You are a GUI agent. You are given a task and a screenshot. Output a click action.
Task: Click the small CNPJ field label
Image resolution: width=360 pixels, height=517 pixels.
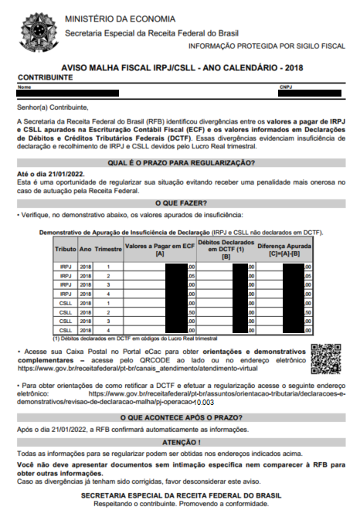tap(285, 87)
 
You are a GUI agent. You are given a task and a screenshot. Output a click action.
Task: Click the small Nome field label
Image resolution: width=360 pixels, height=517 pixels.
tap(23, 87)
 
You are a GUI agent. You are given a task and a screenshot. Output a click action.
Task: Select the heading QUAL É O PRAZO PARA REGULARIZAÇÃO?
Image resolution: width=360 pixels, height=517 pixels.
tap(179, 162)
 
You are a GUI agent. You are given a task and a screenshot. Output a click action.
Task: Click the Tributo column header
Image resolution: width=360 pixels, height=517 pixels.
tap(65, 250)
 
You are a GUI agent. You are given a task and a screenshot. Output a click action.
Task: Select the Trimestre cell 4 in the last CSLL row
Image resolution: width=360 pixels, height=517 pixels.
tap(108, 330)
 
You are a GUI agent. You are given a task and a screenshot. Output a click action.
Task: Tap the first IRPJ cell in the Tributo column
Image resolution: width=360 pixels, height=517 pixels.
tap(65, 267)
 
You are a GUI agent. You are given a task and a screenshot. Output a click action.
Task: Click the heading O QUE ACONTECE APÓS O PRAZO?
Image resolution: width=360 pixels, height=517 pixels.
tap(179, 417)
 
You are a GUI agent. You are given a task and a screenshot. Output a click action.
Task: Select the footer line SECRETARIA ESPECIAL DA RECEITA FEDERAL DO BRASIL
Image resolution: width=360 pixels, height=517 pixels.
tap(179, 495)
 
